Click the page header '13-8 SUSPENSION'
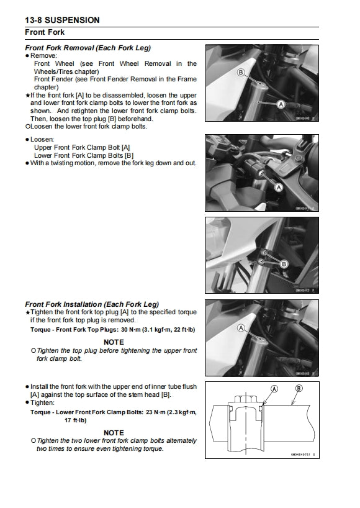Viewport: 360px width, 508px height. pyautogui.click(x=62, y=20)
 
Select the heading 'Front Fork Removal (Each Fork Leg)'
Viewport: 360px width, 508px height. pyautogui.click(x=88, y=48)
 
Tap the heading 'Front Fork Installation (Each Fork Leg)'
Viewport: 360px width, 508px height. pyautogui.click(x=91, y=304)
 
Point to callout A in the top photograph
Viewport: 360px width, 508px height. pyautogui.click(x=281, y=104)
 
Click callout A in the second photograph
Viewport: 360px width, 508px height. pyautogui.click(x=278, y=187)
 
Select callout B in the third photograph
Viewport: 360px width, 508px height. pyautogui.click(x=284, y=264)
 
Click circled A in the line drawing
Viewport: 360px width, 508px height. pyautogui.click(x=274, y=388)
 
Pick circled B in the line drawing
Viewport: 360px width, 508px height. pyautogui.click(x=299, y=388)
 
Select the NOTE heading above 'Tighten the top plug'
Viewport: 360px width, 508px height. pyautogui.click(x=114, y=342)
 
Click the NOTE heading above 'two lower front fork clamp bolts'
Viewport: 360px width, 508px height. pyautogui.click(x=114, y=432)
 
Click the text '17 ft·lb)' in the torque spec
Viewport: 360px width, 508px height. pyautogui.click(x=77, y=420)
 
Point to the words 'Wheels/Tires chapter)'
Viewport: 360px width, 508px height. pyautogui.click(x=69, y=71)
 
